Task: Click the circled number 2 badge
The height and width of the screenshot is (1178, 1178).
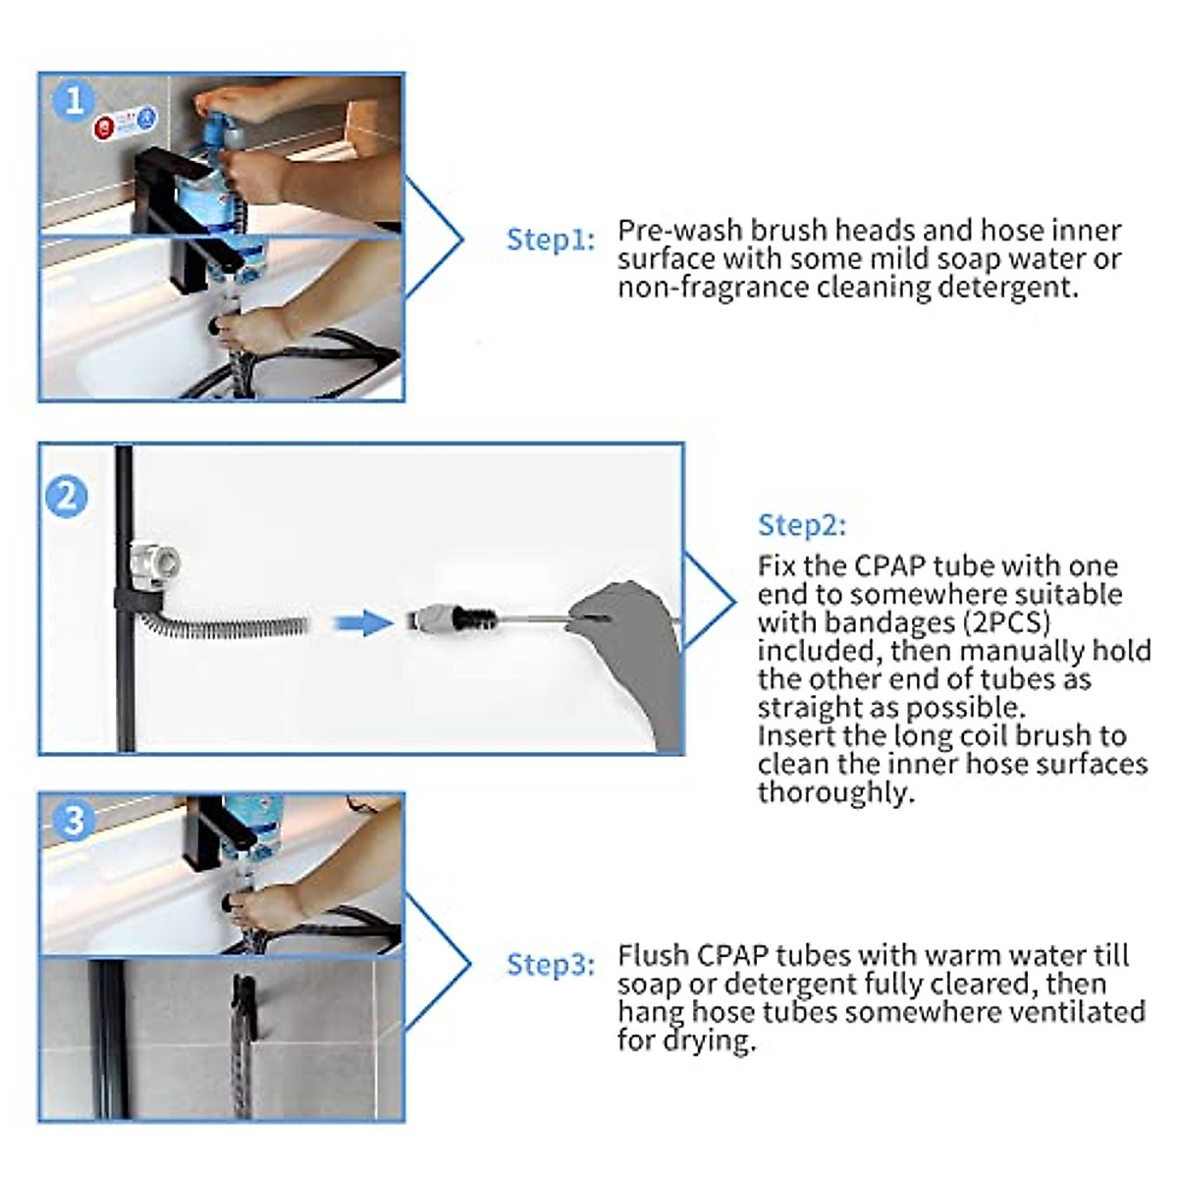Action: point(66,497)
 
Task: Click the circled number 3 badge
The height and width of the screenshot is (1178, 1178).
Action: point(74,820)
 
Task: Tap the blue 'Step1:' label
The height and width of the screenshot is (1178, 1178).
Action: point(550,241)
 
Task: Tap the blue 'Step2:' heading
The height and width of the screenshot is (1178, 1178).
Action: point(801,525)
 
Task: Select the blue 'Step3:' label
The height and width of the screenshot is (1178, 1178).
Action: point(550,965)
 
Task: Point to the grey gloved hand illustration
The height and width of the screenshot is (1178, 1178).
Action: point(618,648)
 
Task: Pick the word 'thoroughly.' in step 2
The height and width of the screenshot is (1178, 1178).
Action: point(835,792)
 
